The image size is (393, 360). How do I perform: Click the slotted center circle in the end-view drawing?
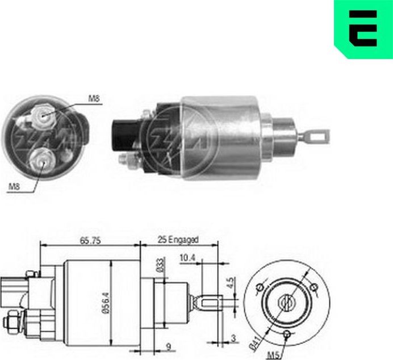[x=287, y=301]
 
